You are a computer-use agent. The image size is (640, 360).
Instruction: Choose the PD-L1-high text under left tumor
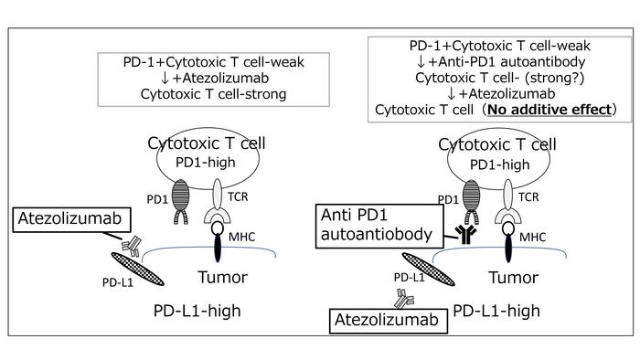click(197, 311)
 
